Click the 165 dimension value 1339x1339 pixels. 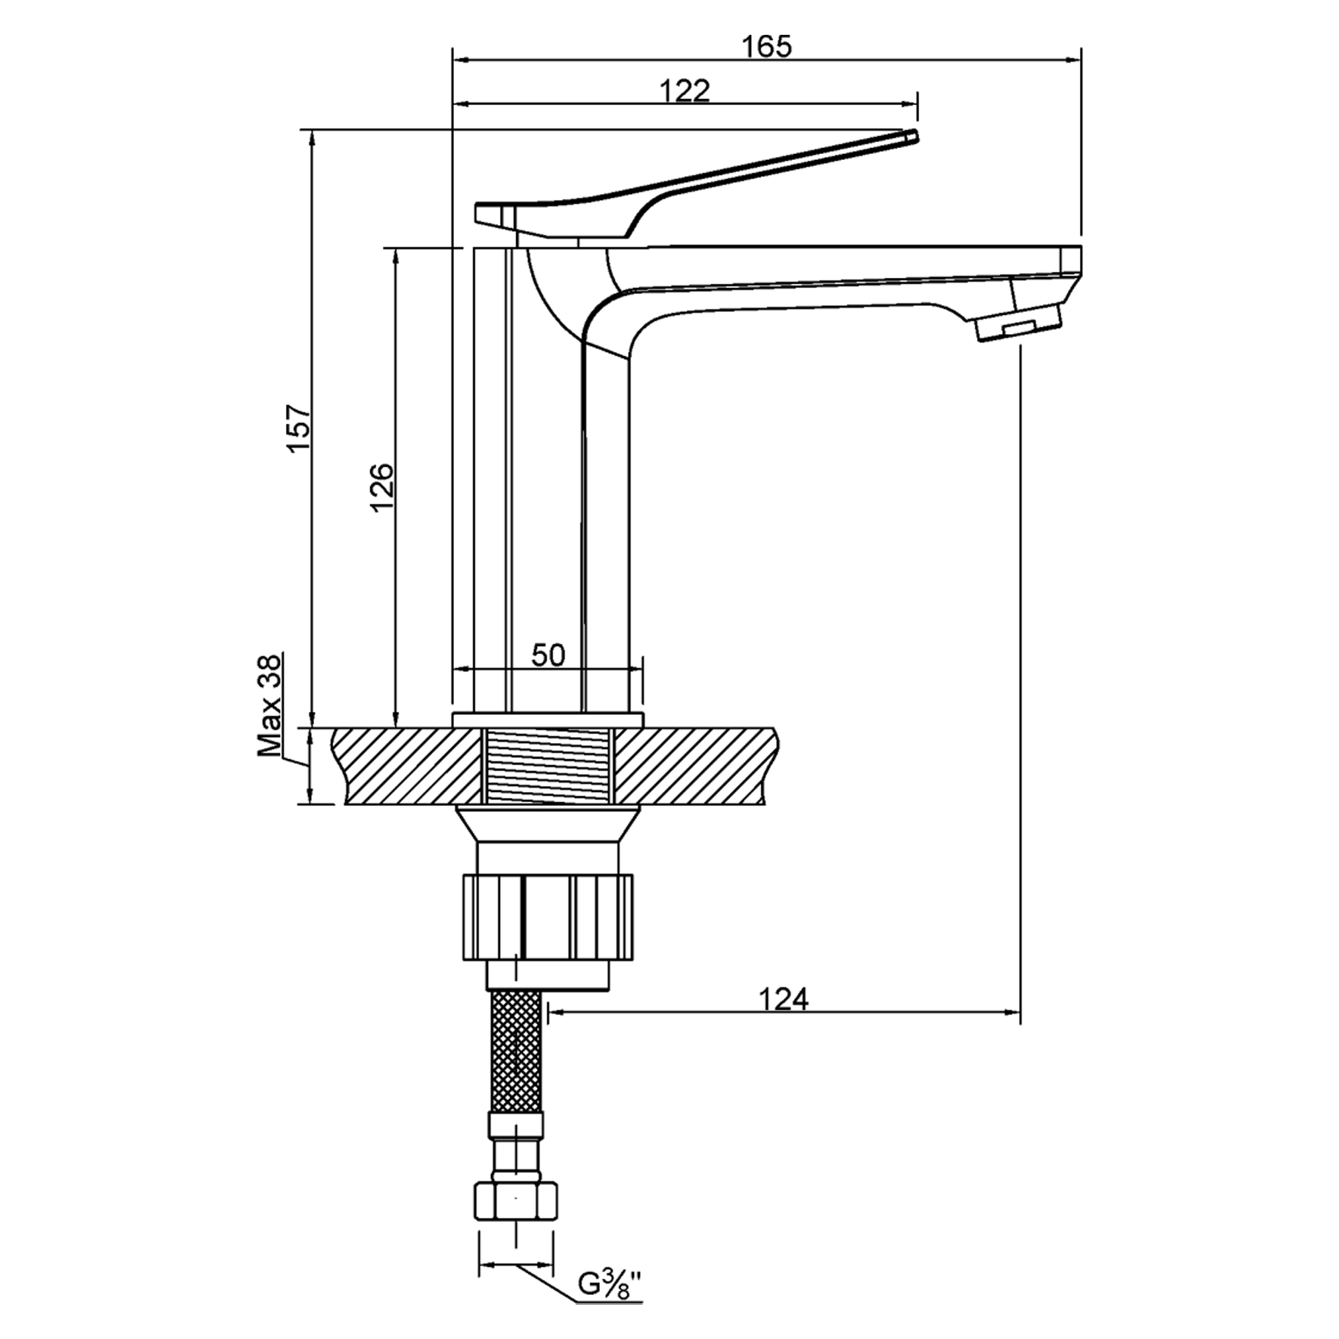pos(766,47)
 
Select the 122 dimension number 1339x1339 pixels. pos(684,92)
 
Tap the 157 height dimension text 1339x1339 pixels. pos(301,428)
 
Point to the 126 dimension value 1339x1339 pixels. pos(382,487)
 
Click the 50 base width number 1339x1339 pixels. pos(548,655)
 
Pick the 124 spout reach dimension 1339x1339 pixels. pos(783,1000)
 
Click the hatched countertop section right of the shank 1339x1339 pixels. pos(693,766)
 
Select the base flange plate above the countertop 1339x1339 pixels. pos(548,720)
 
